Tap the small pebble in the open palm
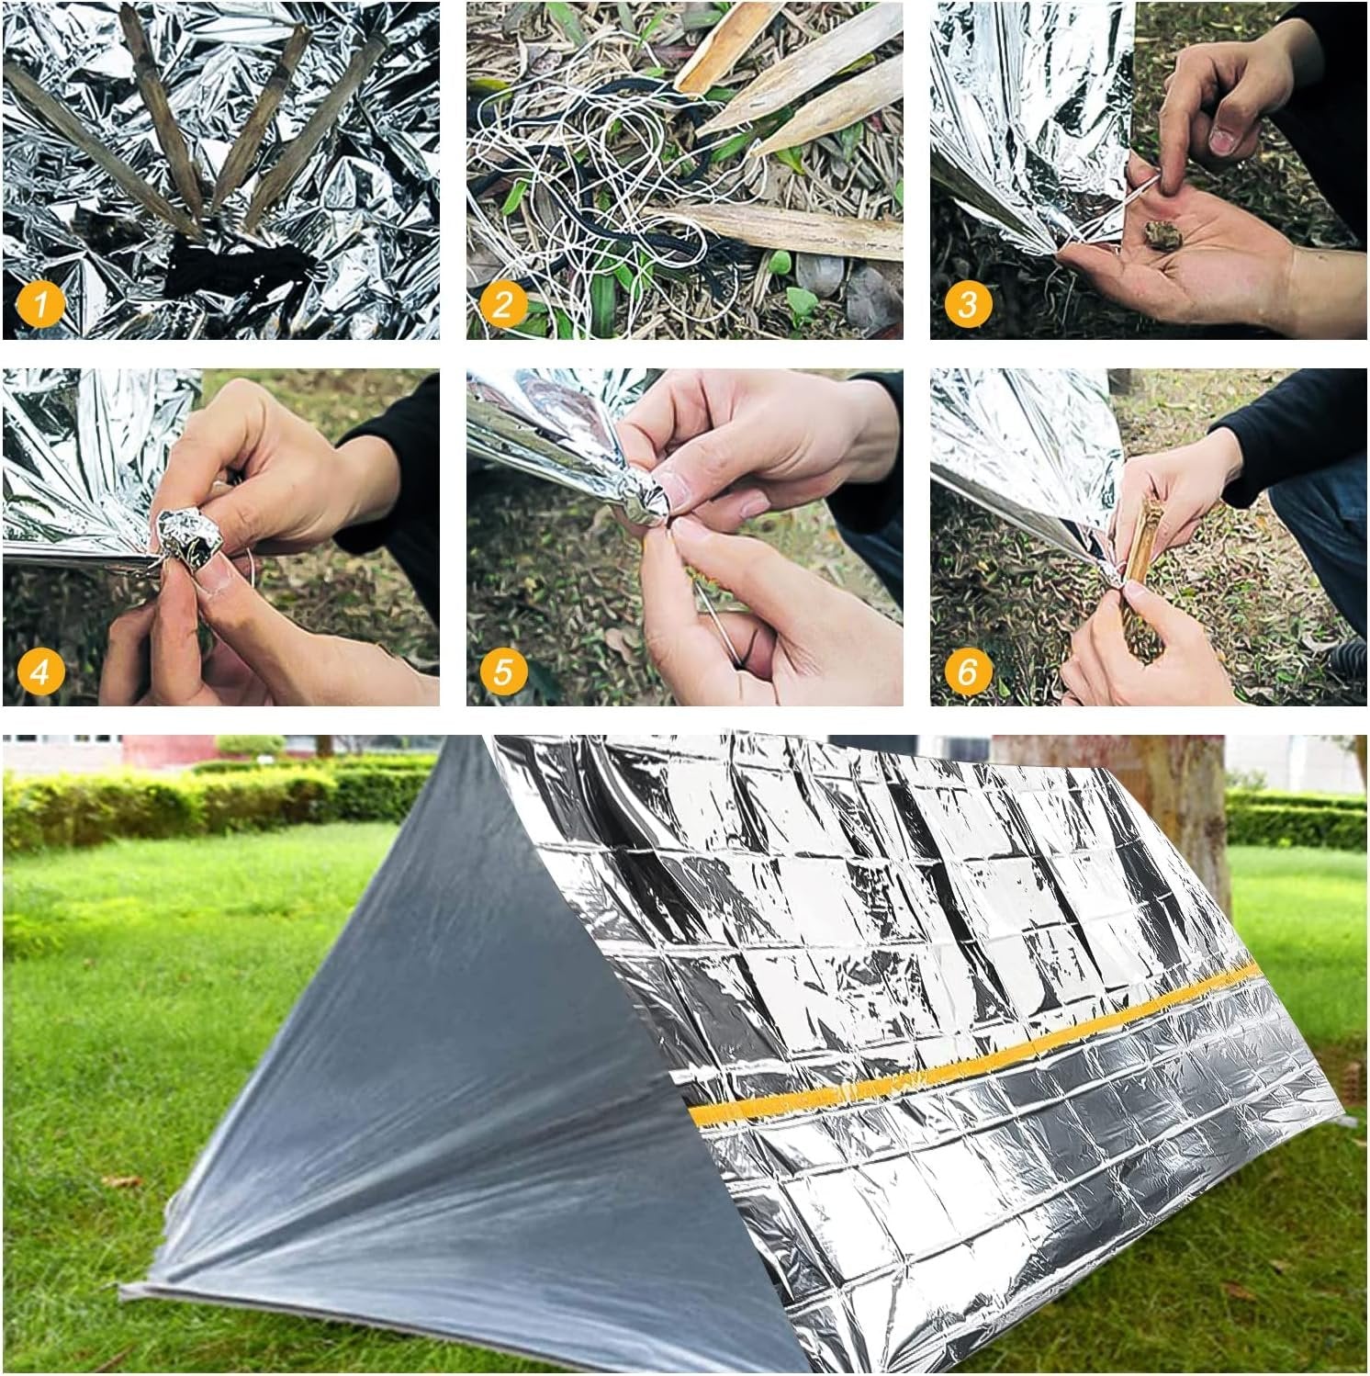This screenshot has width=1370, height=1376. click(1161, 237)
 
